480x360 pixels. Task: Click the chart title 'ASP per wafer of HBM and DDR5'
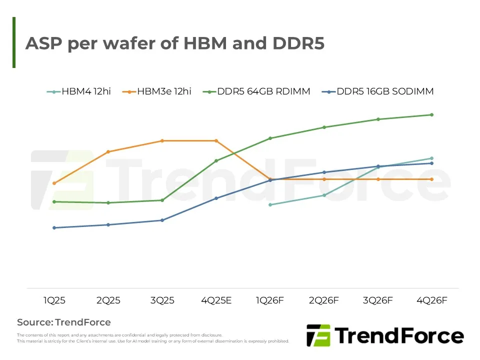point(175,43)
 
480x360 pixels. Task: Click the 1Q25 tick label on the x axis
point(54,300)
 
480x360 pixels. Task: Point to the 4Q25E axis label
point(216,300)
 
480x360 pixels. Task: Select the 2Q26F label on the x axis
point(324,300)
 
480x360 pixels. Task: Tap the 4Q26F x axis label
point(431,300)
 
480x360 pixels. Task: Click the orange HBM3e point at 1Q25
point(54,183)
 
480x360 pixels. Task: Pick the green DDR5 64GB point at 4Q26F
point(431,114)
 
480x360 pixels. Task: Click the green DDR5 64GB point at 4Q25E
point(216,160)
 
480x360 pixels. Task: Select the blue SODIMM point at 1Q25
point(54,227)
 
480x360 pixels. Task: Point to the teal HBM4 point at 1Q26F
point(270,204)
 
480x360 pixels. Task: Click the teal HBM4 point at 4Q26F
point(431,158)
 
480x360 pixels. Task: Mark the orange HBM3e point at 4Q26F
point(431,179)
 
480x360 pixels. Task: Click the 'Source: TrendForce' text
point(64,322)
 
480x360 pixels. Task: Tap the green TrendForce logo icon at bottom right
point(318,335)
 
